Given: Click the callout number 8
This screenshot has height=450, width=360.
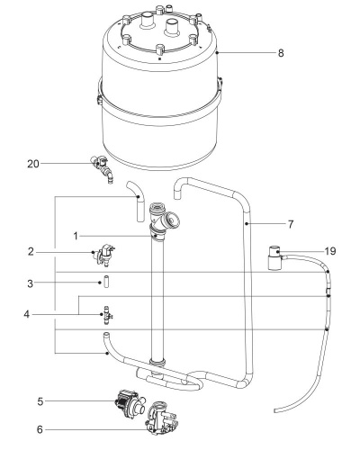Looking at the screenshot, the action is [281, 53].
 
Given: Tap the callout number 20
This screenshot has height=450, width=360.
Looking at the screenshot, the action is [33, 164].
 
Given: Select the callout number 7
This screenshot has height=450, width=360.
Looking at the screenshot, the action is [290, 224].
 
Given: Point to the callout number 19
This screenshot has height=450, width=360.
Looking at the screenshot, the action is [330, 251].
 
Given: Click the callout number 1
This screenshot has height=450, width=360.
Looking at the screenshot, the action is [76, 237].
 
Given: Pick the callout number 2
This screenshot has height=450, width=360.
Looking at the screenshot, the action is [31, 252].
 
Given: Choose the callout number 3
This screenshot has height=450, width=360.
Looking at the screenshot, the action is [31, 283].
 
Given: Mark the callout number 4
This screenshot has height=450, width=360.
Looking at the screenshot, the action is [27, 314].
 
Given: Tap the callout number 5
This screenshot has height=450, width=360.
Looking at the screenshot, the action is [40, 401].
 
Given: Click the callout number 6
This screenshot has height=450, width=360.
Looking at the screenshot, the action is [40, 429].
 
